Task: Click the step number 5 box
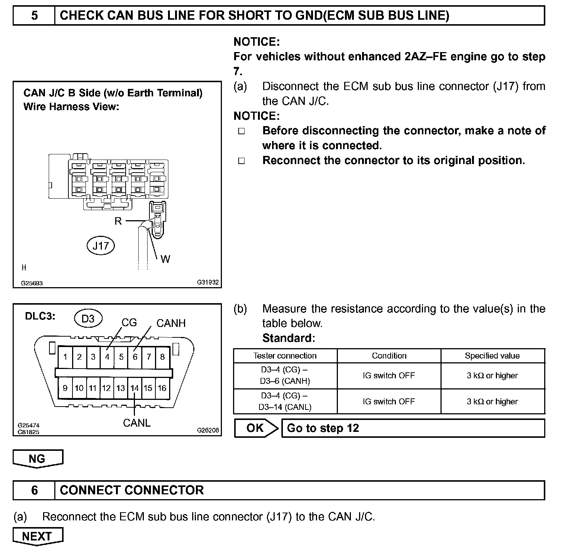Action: pyautogui.click(x=34, y=16)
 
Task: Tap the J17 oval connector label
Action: pyautogui.click(x=101, y=245)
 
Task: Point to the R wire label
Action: pyautogui.click(x=118, y=221)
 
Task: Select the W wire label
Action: pyautogui.click(x=165, y=259)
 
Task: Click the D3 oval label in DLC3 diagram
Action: pyautogui.click(x=88, y=319)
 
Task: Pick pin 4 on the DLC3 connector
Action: pyautogui.click(x=107, y=357)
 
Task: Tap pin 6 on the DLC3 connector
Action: pyautogui.click(x=135, y=357)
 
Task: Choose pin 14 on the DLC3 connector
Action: pyautogui.click(x=134, y=388)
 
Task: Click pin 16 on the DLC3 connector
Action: pyautogui.click(x=162, y=388)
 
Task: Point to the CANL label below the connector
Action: pyautogui.click(x=137, y=423)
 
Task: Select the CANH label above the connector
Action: pyautogui.click(x=171, y=323)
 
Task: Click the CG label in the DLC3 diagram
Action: pyautogui.click(x=129, y=322)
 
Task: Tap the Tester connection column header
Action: pyautogui.click(x=285, y=356)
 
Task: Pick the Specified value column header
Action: pyautogui.click(x=492, y=356)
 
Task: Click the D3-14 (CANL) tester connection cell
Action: pyautogui.click(x=285, y=401)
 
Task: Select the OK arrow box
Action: pyautogui.click(x=256, y=428)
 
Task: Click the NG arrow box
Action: pyautogui.click(x=38, y=458)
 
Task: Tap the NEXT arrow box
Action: pyautogui.click(x=38, y=536)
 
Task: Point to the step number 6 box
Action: pyautogui.click(x=34, y=490)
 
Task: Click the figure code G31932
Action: pyautogui.click(x=208, y=283)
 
